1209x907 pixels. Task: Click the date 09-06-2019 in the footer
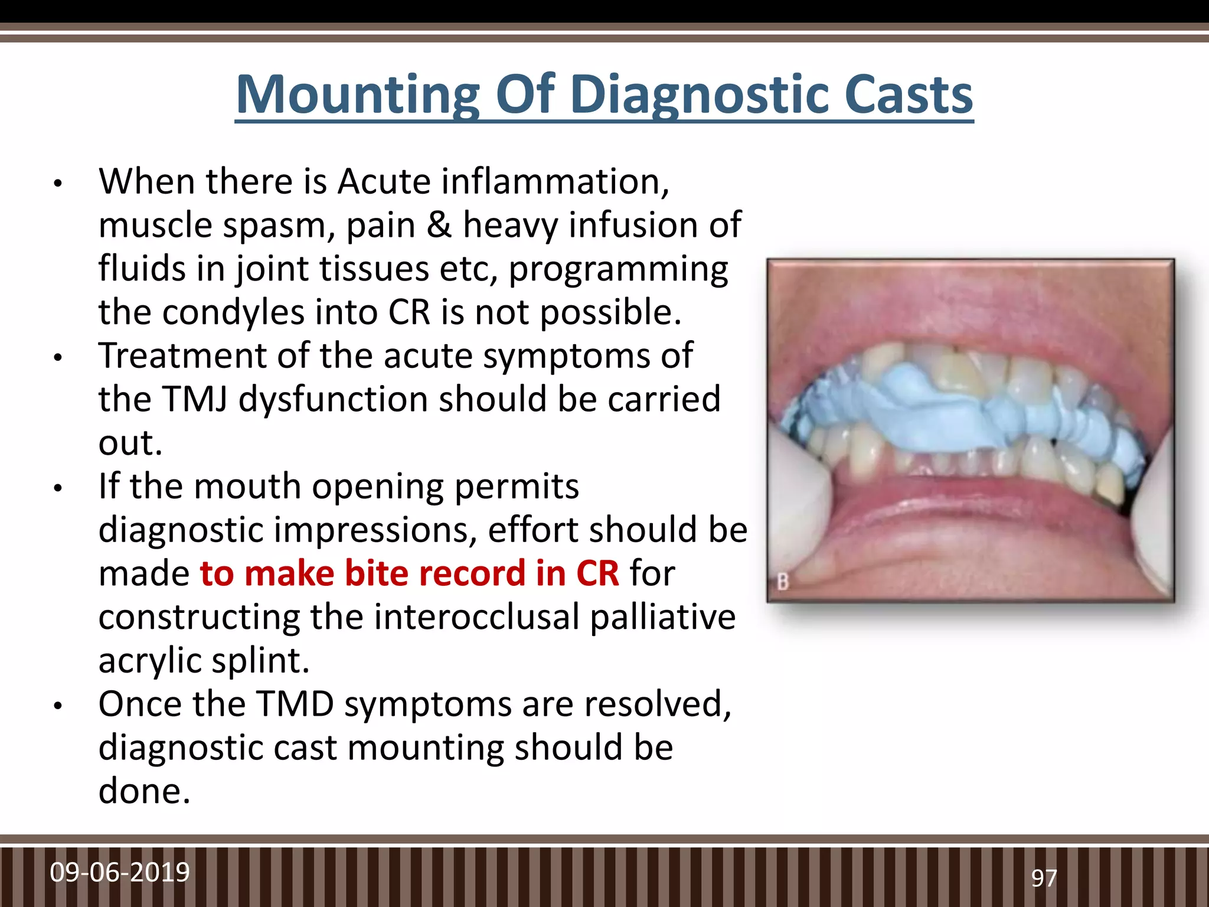pyautogui.click(x=120, y=873)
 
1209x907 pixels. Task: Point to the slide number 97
pyautogui.click(x=1044, y=879)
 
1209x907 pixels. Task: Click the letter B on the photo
pyautogui.click(x=783, y=582)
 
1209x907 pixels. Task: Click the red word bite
pyautogui.click(x=378, y=573)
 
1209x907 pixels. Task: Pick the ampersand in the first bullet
pyautogui.click(x=439, y=225)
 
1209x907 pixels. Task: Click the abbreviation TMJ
pyautogui.click(x=194, y=399)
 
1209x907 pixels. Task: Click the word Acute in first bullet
pyautogui.click(x=384, y=181)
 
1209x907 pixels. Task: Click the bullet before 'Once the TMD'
pyautogui.click(x=57, y=706)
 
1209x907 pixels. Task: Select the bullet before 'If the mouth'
pyautogui.click(x=57, y=488)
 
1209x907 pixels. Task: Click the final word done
pyautogui.click(x=144, y=791)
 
